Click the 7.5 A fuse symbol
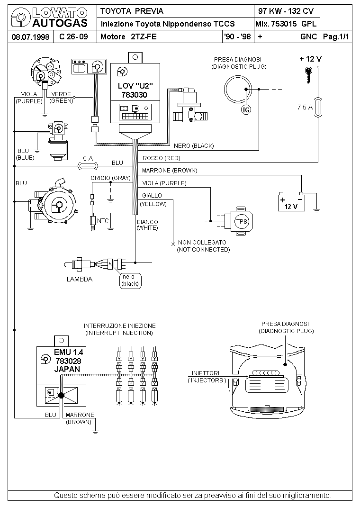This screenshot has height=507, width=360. (x=318, y=107)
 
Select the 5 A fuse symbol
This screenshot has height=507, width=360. (x=88, y=166)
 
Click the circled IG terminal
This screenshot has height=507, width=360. (x=246, y=110)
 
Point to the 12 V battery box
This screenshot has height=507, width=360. (x=291, y=203)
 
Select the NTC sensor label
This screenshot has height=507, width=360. (x=103, y=221)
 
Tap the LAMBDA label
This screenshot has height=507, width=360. (x=80, y=279)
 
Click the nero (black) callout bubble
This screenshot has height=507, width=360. (x=130, y=281)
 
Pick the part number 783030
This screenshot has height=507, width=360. (x=134, y=95)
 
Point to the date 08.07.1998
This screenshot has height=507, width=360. (x=30, y=37)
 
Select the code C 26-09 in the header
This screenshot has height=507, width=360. (x=74, y=36)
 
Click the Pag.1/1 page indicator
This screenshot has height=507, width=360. (x=336, y=36)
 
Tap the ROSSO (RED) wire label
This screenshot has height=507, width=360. (x=161, y=158)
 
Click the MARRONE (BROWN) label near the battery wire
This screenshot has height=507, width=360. (x=170, y=171)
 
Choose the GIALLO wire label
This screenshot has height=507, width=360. (x=152, y=195)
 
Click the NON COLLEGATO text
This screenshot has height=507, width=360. (x=202, y=242)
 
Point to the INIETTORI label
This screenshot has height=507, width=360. (x=206, y=373)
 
